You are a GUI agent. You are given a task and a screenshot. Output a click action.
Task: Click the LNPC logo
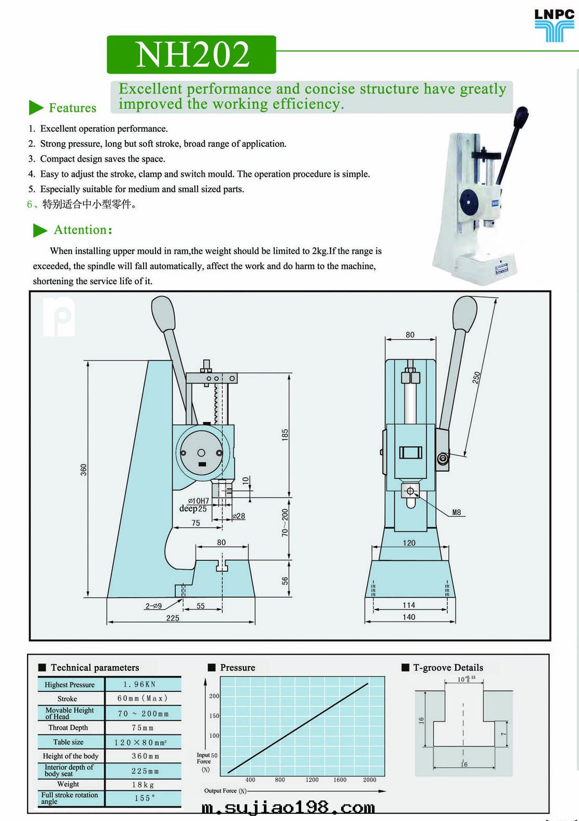[554, 24]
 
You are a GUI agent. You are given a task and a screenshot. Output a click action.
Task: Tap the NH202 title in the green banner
[192, 54]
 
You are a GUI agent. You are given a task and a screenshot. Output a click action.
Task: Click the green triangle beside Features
[36, 107]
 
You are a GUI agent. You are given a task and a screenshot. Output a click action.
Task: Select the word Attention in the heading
[80, 230]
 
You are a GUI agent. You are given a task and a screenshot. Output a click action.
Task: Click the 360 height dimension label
[83, 470]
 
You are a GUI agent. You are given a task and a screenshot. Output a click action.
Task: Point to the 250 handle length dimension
[476, 377]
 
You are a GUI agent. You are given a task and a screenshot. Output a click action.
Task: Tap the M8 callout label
[456, 512]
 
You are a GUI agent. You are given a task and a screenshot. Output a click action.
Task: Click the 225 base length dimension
[173, 618]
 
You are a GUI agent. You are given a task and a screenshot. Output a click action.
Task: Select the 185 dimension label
[285, 434]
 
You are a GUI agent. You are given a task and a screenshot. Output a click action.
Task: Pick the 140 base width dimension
[409, 617]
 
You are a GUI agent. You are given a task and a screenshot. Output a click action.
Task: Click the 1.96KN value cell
[139, 684]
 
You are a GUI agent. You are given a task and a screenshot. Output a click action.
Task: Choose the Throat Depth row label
[68, 728]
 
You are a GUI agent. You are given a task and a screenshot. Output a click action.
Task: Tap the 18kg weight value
[143, 785]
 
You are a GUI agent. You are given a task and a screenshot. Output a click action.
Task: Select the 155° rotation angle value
[144, 798]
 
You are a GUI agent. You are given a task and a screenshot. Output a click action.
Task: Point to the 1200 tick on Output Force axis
[312, 780]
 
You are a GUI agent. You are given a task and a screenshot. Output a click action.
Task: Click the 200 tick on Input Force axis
[214, 696]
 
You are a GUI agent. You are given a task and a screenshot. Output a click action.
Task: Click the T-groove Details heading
[448, 668]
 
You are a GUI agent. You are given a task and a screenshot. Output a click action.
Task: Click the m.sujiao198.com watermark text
[288, 808]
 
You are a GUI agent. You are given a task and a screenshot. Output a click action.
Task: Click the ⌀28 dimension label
[239, 516]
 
